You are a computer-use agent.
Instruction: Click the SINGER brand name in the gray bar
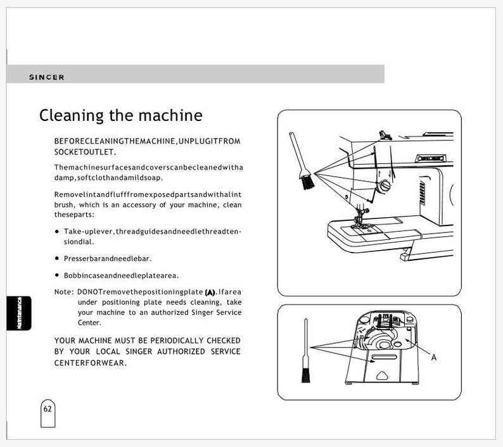pos(46,77)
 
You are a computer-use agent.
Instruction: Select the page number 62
pos(48,409)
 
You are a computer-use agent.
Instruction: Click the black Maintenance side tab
pos(19,313)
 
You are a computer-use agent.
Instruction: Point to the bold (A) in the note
pos(210,292)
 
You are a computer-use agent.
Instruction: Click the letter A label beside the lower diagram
pos(434,357)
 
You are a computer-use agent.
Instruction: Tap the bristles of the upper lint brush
pos(308,182)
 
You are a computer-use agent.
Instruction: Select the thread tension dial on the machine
pos(384,186)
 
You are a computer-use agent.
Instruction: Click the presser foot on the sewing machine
pos(362,223)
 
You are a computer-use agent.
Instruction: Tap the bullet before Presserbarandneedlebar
pos(57,258)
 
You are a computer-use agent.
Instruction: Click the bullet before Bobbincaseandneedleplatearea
pos(57,275)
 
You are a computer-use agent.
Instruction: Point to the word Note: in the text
pos(64,292)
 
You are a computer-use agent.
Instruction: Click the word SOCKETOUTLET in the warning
pos(85,152)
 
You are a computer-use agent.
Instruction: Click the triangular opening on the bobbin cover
pos(382,375)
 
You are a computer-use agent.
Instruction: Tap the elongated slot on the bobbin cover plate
pos(384,357)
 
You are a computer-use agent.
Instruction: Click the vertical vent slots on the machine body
pos(422,192)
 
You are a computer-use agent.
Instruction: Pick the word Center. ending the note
pos(89,322)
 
